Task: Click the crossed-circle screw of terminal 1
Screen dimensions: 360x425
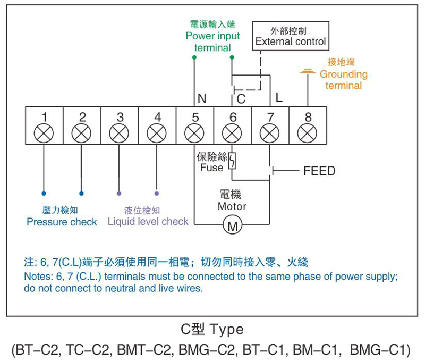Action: [44, 133]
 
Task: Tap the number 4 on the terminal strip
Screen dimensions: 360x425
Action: [157, 117]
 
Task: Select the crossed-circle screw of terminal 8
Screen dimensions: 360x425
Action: [308, 133]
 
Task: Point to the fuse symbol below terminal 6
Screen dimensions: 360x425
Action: [232, 161]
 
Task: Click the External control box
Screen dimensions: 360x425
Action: [290, 36]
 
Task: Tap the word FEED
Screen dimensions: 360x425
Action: [319, 171]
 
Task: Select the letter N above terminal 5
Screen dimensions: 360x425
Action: [202, 98]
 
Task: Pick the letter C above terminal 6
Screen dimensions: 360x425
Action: [241, 99]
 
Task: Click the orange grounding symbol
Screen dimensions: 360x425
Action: [307, 71]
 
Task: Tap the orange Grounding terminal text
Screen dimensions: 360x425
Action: [343, 80]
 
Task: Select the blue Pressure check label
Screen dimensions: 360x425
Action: [62, 222]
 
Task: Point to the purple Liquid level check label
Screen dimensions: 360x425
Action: [148, 221]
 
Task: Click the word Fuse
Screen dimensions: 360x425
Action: [211, 168]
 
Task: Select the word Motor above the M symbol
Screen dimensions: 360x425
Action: [232, 206]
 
